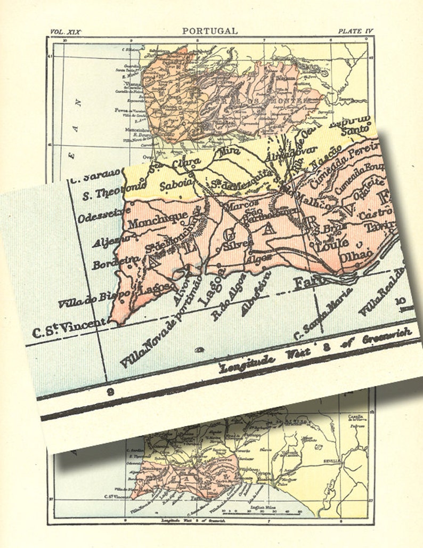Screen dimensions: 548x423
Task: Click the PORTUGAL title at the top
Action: pos(210,31)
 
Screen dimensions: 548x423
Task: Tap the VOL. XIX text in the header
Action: pos(66,32)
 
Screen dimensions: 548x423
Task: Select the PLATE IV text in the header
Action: pos(355,31)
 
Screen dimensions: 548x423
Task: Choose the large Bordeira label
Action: pos(112,262)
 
